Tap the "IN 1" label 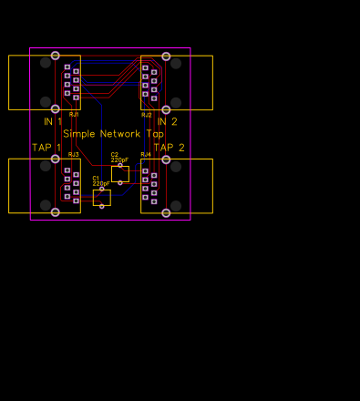coord(53,121)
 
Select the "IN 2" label coord(168,121)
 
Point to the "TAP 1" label coord(47,148)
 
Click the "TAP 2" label coord(169,148)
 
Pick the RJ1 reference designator coord(74,115)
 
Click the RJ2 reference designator coord(146,115)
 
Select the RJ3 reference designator coord(74,155)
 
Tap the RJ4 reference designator coord(146,155)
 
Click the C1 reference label coord(96,178)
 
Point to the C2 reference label coord(115,154)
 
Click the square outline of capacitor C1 coord(102,197)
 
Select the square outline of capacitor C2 coord(120,173)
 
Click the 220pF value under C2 coord(120,159)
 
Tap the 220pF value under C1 coord(101,183)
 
